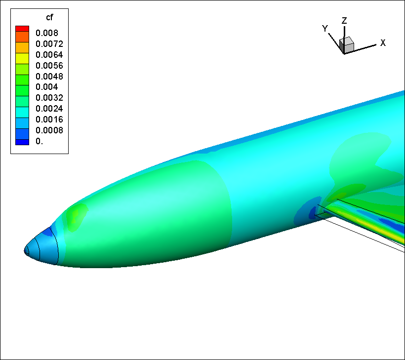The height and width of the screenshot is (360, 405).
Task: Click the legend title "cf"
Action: (x=49, y=17)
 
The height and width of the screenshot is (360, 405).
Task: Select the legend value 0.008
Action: (x=47, y=33)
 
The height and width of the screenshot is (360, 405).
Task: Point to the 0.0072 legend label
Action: (x=49, y=44)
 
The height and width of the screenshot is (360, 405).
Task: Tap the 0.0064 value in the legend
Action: (x=49, y=55)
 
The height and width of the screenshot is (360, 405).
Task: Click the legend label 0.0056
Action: (x=49, y=66)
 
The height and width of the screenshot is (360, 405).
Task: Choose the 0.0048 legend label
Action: (x=49, y=77)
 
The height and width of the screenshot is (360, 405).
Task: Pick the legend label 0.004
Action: (x=47, y=87)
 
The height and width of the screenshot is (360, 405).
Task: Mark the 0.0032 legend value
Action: (x=49, y=98)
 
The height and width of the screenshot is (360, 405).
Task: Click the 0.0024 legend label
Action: (x=49, y=109)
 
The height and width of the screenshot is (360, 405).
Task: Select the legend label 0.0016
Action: (x=49, y=120)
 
